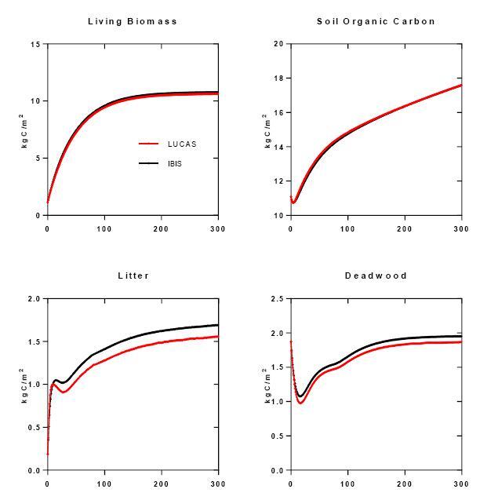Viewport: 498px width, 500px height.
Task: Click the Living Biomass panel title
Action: pos(133,21)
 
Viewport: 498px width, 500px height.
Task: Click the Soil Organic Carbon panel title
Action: pos(376,21)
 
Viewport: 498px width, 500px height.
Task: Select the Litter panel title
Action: pos(133,276)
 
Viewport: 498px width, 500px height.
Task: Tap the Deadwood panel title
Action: pos(376,276)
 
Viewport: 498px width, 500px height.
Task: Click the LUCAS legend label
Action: pos(182,144)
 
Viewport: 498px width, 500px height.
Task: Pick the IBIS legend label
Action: pos(175,163)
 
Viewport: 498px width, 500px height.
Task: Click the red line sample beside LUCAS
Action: pos(149,144)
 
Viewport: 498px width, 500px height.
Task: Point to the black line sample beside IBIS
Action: pos(149,163)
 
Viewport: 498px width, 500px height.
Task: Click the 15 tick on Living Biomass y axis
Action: pos(35,44)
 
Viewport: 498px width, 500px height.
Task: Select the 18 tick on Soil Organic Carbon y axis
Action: pos(278,78)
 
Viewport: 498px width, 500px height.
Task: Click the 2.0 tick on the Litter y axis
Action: pos(34,299)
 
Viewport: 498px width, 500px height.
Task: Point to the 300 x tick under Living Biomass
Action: pos(218,229)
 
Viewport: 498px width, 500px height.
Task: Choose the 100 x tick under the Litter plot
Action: pos(104,484)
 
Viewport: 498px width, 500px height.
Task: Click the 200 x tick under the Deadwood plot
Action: pos(405,484)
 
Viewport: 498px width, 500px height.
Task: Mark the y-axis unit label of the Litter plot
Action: pos(24,385)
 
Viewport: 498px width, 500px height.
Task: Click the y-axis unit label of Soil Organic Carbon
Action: pos(267,130)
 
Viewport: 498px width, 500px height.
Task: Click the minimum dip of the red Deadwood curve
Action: pos(300,403)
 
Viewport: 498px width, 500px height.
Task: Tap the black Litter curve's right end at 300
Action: pos(217,325)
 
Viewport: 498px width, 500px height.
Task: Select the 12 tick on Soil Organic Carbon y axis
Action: pos(278,181)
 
